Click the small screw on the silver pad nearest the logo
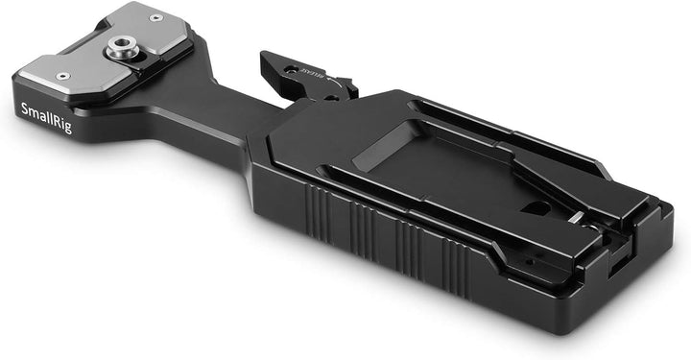coord(63,76)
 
